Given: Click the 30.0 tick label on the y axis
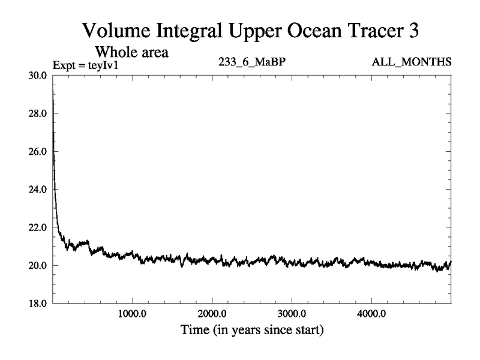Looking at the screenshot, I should [40, 75].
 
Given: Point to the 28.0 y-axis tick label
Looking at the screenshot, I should [40, 113].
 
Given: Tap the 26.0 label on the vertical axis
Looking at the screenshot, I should [40, 151].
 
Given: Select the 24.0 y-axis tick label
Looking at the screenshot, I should [40, 190].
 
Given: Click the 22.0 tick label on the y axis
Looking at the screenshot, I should [40, 227].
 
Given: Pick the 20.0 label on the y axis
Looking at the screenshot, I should [40, 265].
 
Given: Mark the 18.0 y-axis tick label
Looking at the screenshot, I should [40, 304].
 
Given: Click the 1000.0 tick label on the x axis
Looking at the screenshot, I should [133, 314].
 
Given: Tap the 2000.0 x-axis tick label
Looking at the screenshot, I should [212, 314].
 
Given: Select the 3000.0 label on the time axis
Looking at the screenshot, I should [292, 314].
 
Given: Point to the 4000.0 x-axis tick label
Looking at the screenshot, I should [371, 314].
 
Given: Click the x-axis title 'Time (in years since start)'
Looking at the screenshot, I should [253, 330].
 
